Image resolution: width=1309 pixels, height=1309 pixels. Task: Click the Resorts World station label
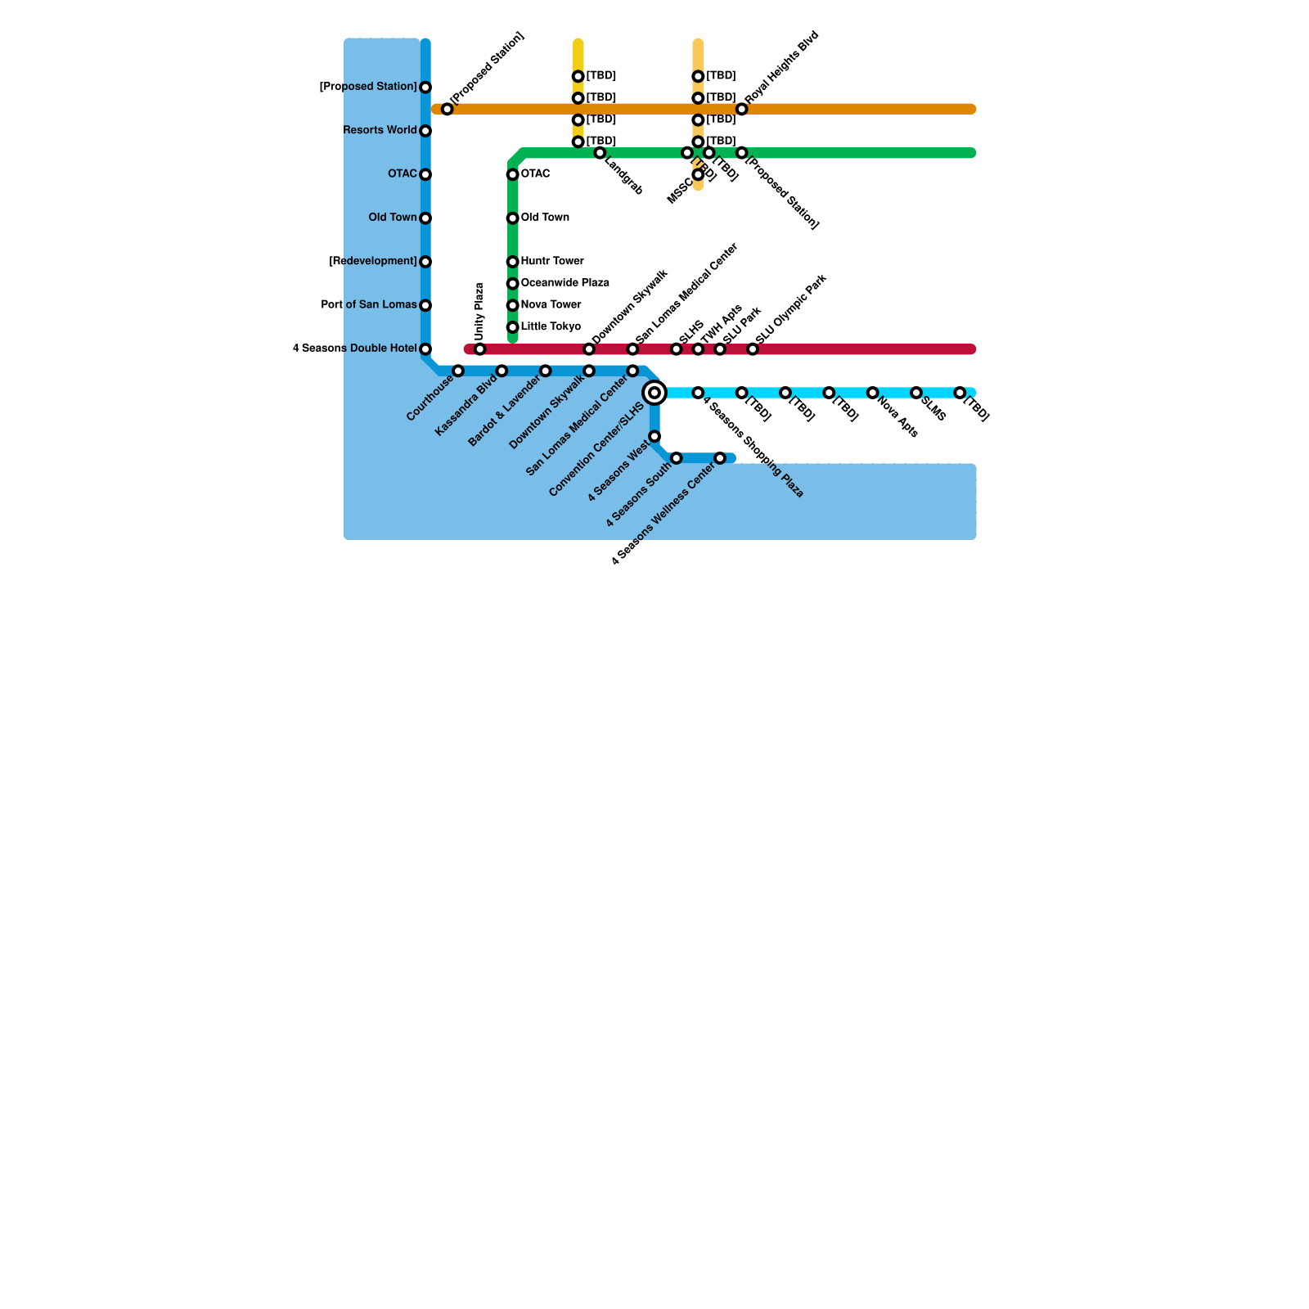380,131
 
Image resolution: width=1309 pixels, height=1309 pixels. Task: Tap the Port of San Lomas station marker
425,306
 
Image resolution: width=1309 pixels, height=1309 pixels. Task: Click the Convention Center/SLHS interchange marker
654,394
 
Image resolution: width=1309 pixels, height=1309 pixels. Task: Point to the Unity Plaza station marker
480,350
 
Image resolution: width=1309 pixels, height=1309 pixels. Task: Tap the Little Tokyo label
551,327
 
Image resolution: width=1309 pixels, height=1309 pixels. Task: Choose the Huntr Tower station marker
513,262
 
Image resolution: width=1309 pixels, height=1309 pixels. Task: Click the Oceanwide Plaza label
565,284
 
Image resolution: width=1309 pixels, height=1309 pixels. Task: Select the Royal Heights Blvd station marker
742,110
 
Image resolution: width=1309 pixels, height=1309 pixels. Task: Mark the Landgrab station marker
601,154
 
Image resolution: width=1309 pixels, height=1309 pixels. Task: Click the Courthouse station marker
458,371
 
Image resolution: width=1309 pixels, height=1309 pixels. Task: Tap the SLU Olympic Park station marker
753,350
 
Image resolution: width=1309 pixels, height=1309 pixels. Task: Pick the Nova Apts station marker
873,394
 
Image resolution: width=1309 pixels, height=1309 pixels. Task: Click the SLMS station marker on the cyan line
916,394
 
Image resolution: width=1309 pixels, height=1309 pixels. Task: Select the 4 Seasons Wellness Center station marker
720,459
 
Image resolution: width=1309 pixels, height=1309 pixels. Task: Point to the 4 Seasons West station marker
654,437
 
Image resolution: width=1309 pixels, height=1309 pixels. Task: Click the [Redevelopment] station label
373,262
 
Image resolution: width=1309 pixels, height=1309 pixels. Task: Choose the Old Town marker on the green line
513,218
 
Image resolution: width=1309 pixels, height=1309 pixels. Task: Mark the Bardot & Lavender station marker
546,371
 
